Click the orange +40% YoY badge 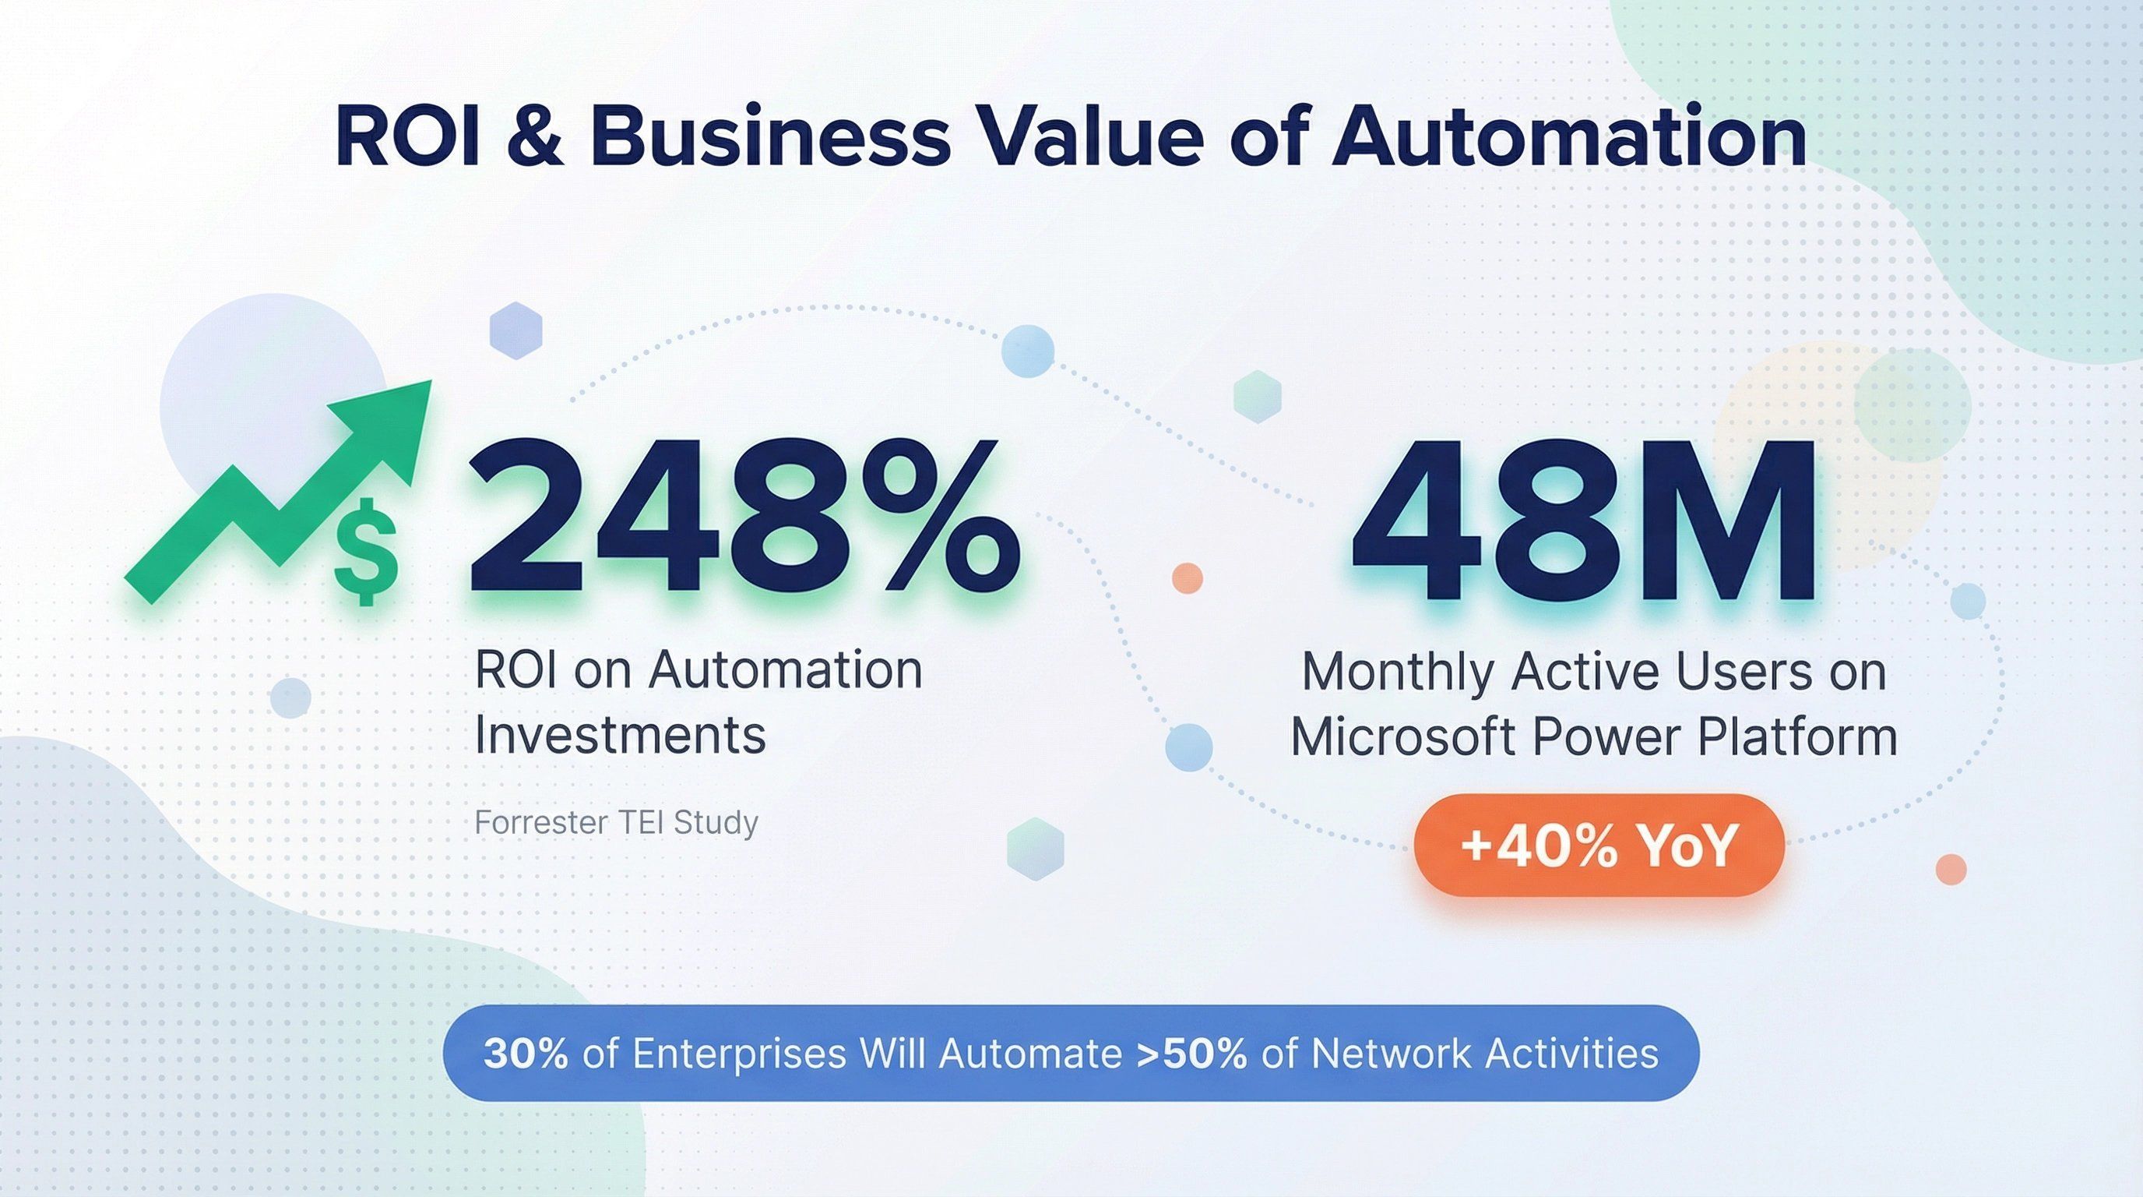tap(1599, 845)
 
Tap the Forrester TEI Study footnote tap(617, 822)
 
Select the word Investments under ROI tap(620, 735)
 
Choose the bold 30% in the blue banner tap(526, 1054)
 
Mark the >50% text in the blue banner tap(1191, 1054)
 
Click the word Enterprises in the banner tap(740, 1054)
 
